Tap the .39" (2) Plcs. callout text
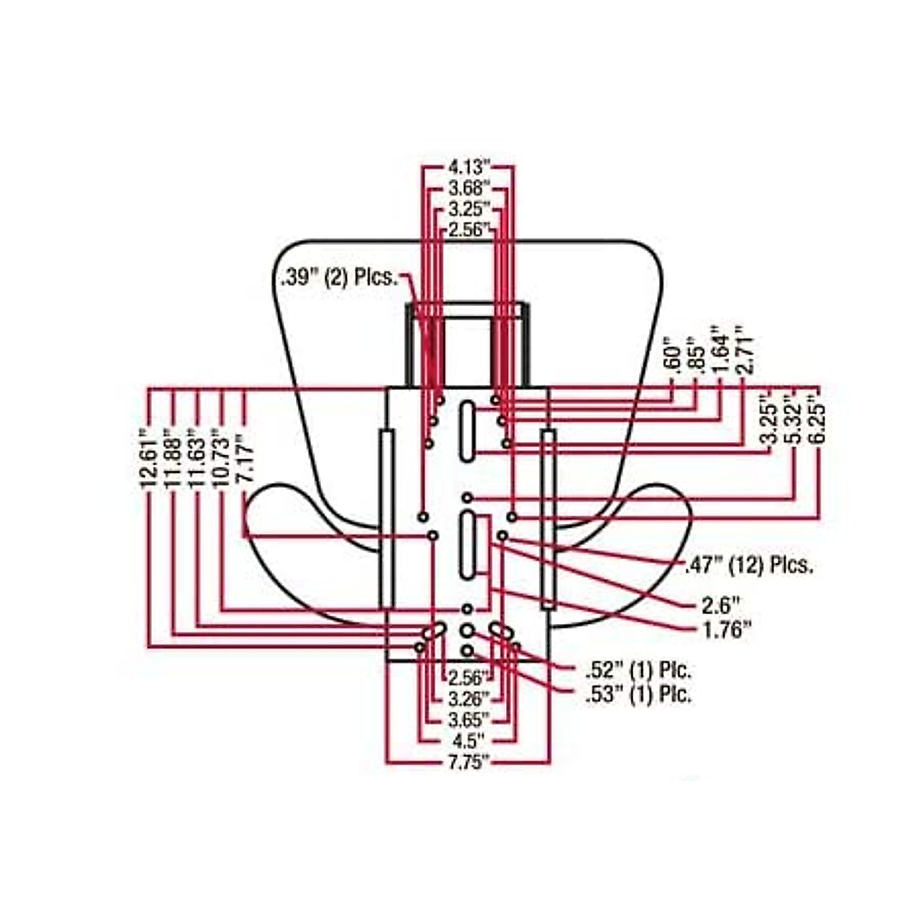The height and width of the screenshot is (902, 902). pyautogui.click(x=339, y=277)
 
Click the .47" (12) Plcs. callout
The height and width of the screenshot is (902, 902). pyautogui.click(x=749, y=565)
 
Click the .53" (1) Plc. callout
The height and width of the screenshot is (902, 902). pyautogui.click(x=637, y=695)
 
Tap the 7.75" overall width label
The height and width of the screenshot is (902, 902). pyautogui.click(x=468, y=762)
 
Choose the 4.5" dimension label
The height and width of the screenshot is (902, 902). pyautogui.click(x=468, y=740)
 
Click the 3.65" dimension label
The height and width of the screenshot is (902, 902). pyautogui.click(x=468, y=718)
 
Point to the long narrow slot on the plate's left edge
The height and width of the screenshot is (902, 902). pyautogui.click(x=387, y=519)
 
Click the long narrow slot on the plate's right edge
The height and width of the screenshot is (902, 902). pyautogui.click(x=548, y=519)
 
